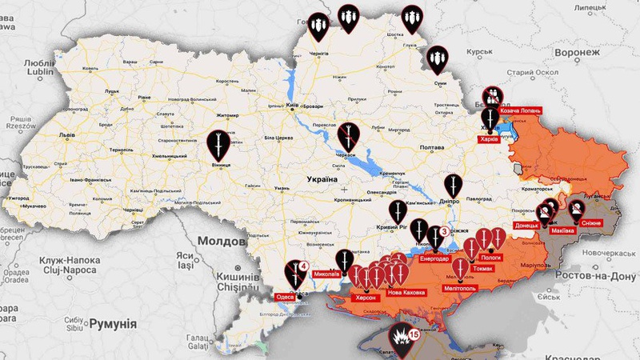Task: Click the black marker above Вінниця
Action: pos(215,144)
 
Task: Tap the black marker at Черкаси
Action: pos(348,137)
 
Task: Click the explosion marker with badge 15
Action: pos(402,339)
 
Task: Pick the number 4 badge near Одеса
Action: pos(304,266)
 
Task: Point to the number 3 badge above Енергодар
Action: pos(444,231)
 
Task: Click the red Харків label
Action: pos(489,138)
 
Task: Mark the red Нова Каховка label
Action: pos(406,293)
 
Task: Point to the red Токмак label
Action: pos(482,269)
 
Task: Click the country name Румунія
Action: pos(108,325)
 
